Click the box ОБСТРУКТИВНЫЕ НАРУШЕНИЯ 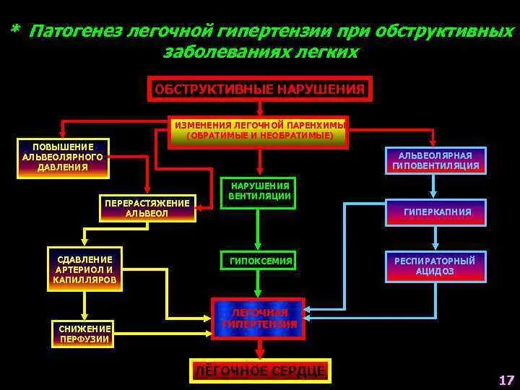click(259, 90)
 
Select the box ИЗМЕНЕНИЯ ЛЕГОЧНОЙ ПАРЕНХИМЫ click(259, 131)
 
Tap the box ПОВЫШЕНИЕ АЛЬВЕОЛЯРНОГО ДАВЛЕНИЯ click(63, 157)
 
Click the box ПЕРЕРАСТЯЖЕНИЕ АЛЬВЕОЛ click(147, 208)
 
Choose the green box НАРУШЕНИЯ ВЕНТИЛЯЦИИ click(259, 191)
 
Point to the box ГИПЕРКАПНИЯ click(435, 212)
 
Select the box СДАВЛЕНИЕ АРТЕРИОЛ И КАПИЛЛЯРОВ click(85, 269)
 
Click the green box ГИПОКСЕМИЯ click(259, 261)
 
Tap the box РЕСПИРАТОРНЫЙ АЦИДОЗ click(435, 265)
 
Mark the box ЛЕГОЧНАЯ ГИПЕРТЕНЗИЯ click(259, 318)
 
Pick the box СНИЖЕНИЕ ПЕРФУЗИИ click(84, 334)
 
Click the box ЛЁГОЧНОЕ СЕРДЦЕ click(260, 371)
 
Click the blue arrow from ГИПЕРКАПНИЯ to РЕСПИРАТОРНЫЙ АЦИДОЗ click(435, 237)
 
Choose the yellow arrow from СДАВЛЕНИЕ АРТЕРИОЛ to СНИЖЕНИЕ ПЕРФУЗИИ click(84, 305)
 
